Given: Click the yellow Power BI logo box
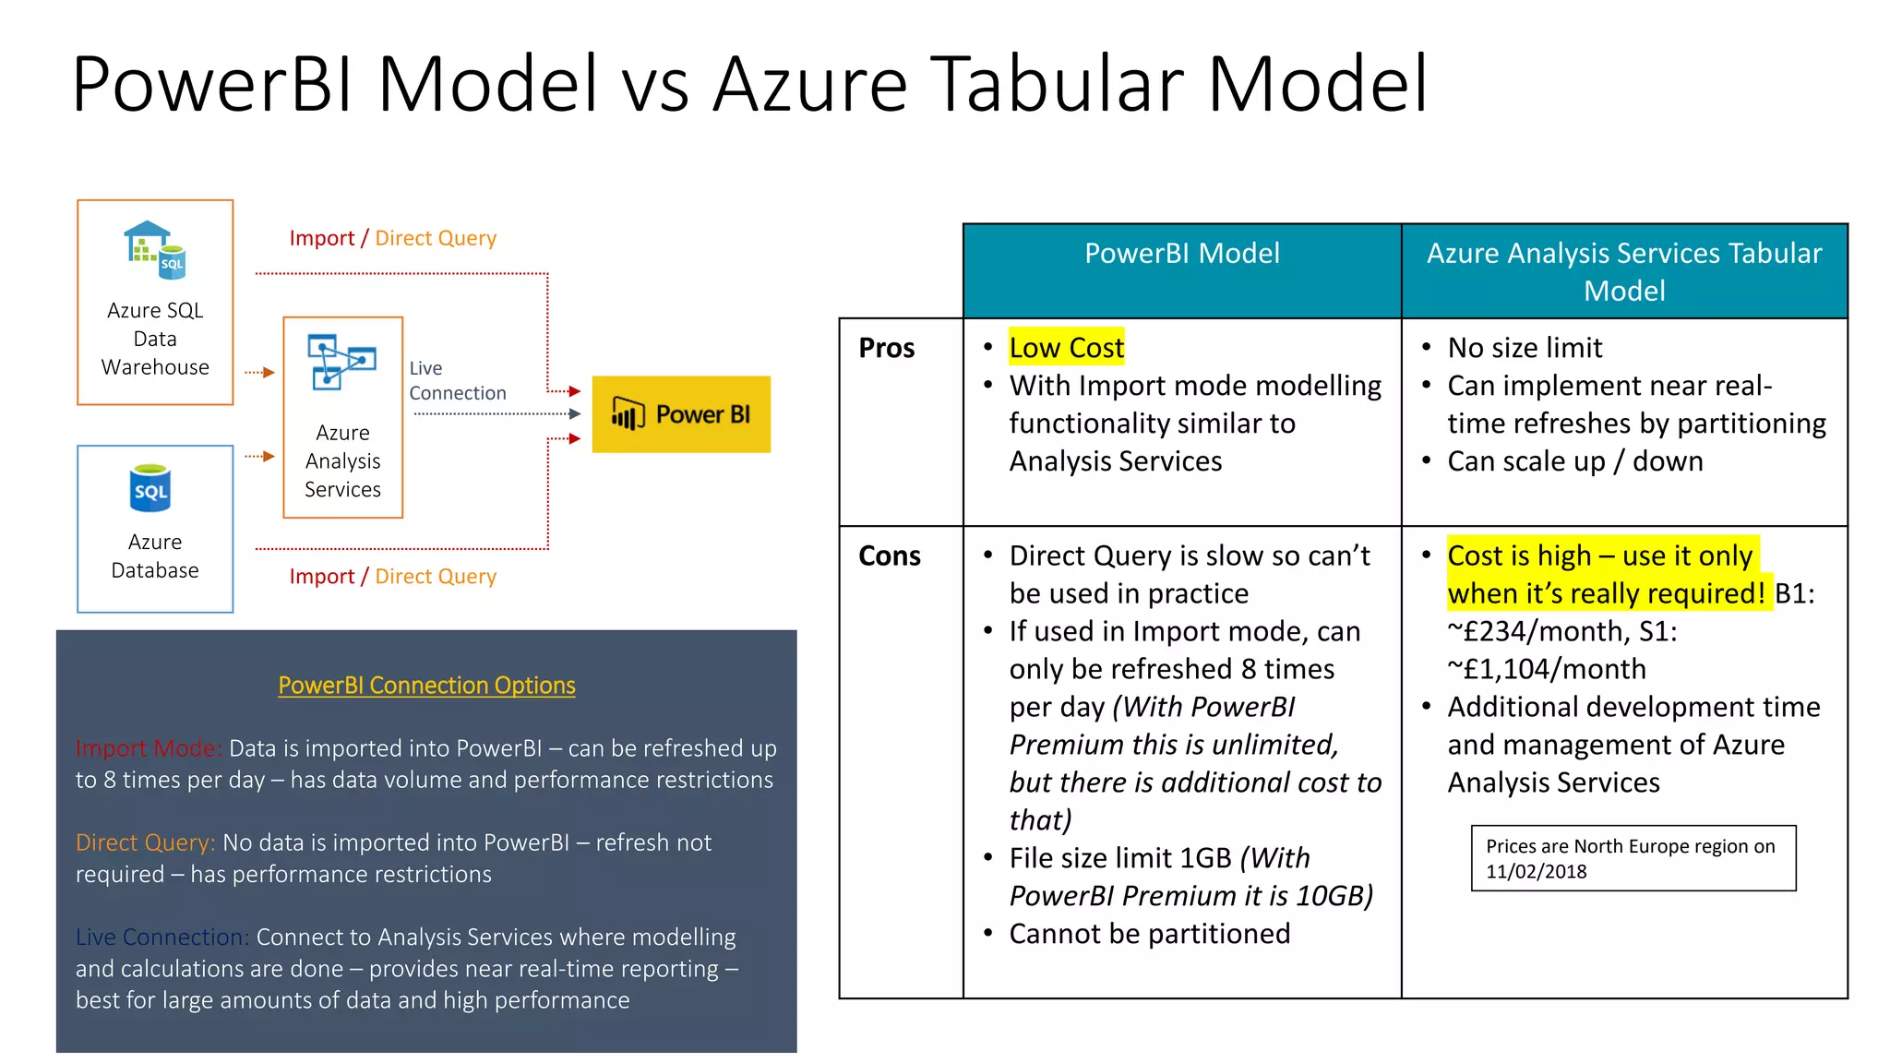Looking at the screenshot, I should click(681, 414).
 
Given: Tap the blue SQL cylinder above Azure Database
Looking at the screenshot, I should click(150, 488).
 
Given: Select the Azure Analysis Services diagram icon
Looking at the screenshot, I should click(341, 361).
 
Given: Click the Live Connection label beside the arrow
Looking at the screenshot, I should click(457, 380).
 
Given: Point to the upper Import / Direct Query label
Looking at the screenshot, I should click(392, 238).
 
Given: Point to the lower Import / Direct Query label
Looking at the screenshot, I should click(392, 577).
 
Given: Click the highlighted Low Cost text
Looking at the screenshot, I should click(1066, 348).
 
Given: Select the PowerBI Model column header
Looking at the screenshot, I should click(1181, 254).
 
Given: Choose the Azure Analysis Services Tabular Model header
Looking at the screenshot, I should click(1623, 271).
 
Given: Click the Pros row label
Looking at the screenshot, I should click(886, 348).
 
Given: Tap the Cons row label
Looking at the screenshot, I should click(889, 555).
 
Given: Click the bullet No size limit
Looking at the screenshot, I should click(1525, 348).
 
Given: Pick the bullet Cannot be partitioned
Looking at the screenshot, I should click(1149, 934).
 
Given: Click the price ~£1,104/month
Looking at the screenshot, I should click(1547, 669).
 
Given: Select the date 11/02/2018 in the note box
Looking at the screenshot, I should click(1536, 871).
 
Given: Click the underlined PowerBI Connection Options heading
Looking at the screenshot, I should click(426, 686).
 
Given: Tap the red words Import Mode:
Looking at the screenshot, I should click(149, 748).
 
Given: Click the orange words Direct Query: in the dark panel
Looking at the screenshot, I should click(145, 842).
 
